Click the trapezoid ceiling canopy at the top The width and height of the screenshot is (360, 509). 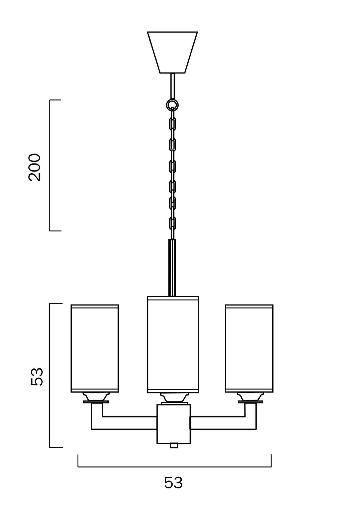point(172,52)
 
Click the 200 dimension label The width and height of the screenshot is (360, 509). point(35,167)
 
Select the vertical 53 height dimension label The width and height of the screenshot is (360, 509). point(37,377)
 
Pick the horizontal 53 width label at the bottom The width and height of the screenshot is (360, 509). point(173,482)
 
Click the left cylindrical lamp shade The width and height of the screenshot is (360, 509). point(95,348)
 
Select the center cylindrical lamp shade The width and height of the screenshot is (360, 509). point(173,345)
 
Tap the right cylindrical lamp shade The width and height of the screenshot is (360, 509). point(249,348)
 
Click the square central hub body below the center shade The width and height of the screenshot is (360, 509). point(173,424)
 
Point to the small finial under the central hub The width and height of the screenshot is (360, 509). point(173,446)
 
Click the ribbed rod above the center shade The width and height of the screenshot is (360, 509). point(172,267)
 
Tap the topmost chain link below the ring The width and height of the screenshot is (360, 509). point(172,124)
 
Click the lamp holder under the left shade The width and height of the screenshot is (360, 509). point(96,397)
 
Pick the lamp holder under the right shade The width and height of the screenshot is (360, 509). point(250,397)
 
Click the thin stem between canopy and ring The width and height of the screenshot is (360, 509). point(172,86)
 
